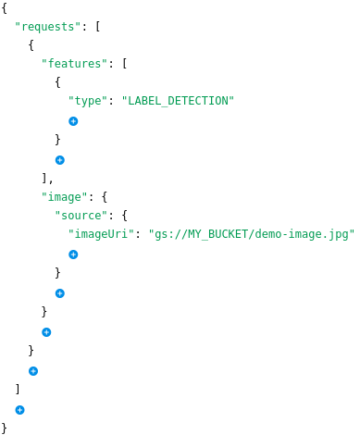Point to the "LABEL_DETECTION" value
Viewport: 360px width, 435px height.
point(179,101)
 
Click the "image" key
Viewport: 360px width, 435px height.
point(65,196)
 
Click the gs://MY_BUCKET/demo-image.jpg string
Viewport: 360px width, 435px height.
point(252,235)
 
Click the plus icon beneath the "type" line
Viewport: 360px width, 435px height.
point(73,121)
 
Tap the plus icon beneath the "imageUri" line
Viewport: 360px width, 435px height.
point(73,255)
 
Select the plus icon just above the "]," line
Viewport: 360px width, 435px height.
point(59,159)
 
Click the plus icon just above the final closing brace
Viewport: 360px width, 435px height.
point(19,409)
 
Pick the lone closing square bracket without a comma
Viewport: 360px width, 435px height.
point(18,389)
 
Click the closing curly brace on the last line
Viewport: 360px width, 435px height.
point(5,428)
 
